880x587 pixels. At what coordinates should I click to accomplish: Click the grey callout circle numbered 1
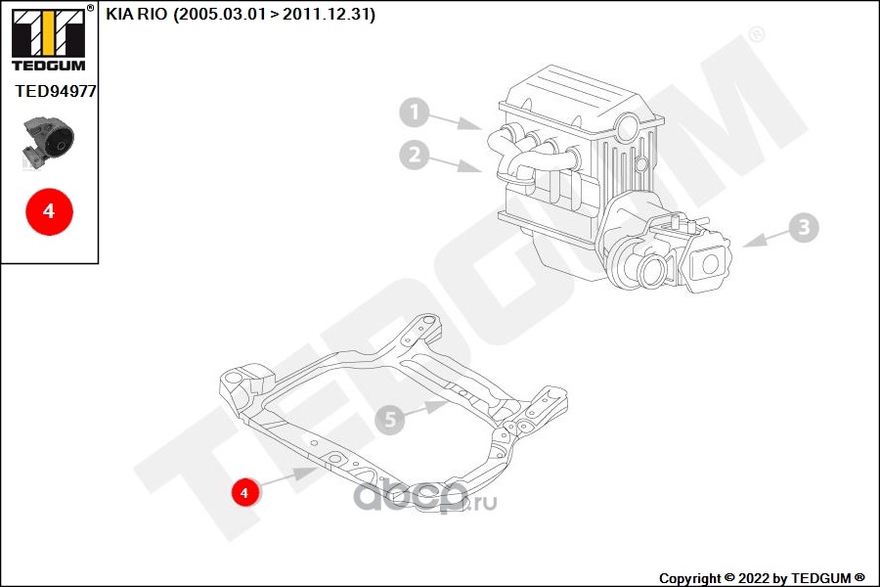pos(415,113)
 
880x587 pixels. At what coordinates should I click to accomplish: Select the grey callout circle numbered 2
pos(415,154)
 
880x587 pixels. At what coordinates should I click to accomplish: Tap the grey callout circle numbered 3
pos(804,228)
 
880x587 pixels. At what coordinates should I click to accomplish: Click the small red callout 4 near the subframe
pos(244,491)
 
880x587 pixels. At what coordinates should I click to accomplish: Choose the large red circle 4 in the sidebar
pos(49,210)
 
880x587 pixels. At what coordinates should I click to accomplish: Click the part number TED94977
pos(56,90)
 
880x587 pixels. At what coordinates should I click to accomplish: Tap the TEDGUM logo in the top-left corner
pos(47,39)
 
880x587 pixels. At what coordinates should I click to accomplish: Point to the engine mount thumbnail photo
pos(49,143)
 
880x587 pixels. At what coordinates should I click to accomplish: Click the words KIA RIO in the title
pos(136,15)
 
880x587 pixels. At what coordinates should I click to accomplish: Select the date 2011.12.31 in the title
pos(329,15)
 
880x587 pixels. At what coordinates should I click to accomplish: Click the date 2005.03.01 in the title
pos(218,15)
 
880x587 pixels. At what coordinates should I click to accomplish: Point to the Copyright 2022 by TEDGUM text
pos(762,577)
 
